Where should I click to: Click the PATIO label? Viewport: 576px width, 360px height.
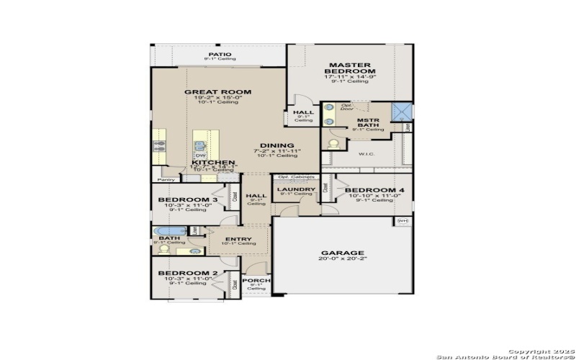point(220,54)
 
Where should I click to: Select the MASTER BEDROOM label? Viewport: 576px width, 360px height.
point(350,68)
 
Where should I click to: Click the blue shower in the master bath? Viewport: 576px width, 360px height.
point(400,112)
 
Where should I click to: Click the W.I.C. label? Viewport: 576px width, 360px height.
point(367,153)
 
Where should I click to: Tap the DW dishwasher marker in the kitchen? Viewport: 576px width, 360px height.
point(201,156)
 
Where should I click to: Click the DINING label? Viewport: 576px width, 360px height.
point(276,145)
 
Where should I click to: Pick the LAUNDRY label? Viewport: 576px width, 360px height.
point(295,189)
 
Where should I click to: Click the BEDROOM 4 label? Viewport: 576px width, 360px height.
point(374,190)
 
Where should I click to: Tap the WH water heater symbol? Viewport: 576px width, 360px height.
point(402,221)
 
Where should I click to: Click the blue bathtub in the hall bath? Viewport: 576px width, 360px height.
point(170,231)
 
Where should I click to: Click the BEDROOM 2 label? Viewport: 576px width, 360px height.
point(187,274)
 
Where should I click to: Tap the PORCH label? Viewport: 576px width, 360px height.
point(256,280)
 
